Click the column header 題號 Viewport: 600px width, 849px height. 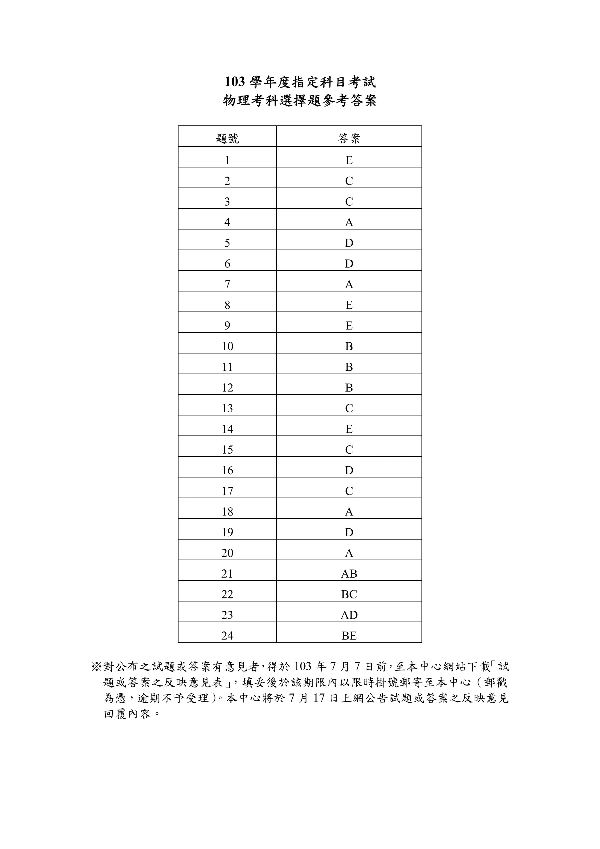227,139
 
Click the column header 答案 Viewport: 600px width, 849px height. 349,139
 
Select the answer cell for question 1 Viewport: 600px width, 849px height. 349,160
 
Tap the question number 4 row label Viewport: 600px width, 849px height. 227,222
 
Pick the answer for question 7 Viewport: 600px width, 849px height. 349,284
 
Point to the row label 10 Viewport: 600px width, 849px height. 227,346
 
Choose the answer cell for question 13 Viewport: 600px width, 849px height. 349,408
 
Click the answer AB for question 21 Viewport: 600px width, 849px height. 349,574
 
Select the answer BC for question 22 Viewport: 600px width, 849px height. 349,595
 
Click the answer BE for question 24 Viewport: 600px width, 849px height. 349,636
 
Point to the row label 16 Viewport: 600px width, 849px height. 227,470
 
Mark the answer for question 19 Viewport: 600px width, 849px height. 349,532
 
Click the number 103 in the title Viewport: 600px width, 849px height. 235,82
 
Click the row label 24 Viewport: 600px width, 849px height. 227,636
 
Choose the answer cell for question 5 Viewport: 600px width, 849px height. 349,243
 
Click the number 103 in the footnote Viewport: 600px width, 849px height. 303,667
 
